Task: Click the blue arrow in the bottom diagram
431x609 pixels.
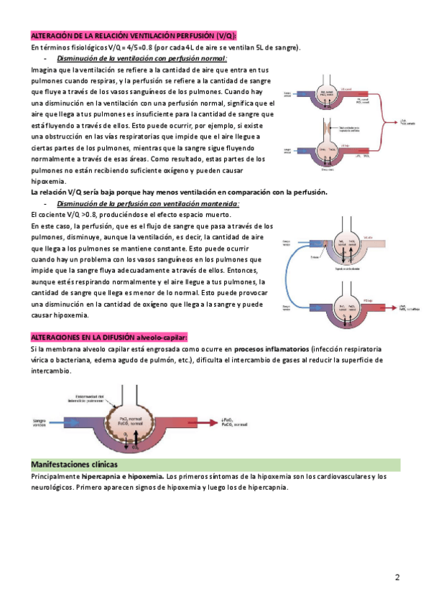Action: point(72,422)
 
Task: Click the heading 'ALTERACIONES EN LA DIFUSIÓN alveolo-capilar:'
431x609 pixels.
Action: point(109,337)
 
